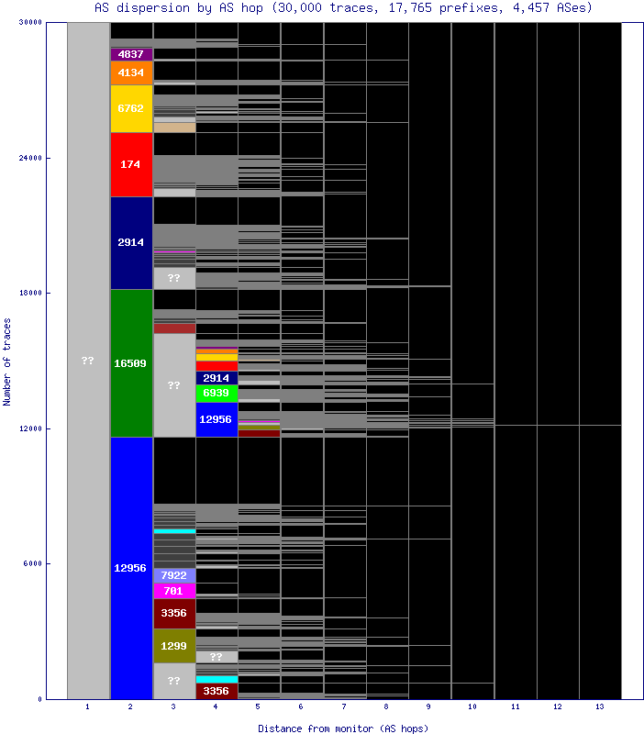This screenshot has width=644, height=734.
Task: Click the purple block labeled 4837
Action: point(131,54)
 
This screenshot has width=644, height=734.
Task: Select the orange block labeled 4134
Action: point(131,72)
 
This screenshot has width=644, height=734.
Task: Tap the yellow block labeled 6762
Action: point(131,108)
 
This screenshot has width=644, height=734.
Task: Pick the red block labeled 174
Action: point(131,164)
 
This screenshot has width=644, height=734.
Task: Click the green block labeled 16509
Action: point(131,363)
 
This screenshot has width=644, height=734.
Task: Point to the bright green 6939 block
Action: point(217,393)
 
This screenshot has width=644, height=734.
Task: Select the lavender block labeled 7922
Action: point(173,575)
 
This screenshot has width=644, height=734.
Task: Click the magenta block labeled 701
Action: point(173,590)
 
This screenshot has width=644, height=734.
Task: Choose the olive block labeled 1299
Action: point(173,646)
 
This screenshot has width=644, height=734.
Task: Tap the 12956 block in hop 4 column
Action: point(217,419)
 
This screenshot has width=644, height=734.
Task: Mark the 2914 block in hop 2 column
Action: point(131,242)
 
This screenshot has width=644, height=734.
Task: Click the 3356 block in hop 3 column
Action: point(173,612)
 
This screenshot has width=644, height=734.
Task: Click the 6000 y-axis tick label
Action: point(32,563)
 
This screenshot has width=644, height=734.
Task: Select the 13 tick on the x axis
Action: point(600,707)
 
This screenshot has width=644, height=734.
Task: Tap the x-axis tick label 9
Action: point(429,707)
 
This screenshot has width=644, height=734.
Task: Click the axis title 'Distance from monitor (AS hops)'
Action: point(343,728)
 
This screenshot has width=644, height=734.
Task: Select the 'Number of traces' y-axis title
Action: point(7,361)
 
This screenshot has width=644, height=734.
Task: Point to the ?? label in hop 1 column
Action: point(88,361)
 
